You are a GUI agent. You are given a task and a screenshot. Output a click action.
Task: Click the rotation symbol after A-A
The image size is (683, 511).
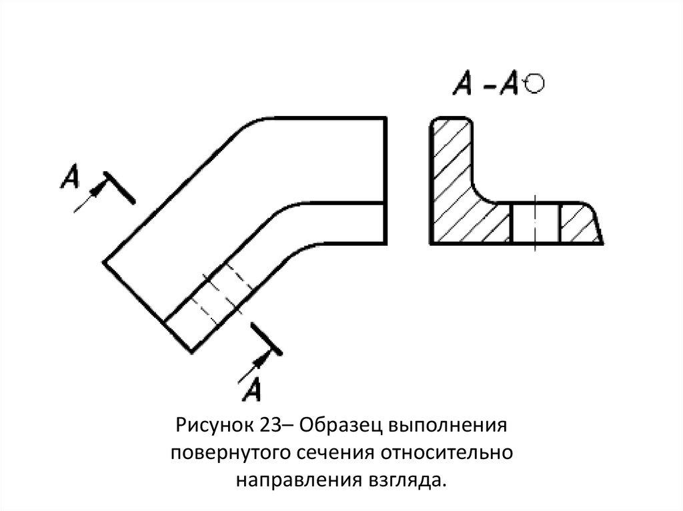tap(535, 83)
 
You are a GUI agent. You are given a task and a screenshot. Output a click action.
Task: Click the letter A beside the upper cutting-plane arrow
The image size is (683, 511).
tap(70, 177)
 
